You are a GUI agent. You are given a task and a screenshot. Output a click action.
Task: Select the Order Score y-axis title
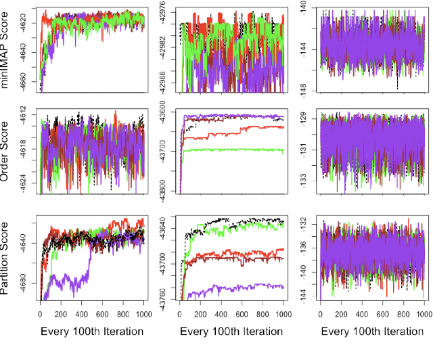click(x=9, y=150)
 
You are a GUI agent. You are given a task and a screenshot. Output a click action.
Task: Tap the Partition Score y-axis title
click(x=9, y=256)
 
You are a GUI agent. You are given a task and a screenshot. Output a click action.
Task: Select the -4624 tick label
click(x=27, y=180)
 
